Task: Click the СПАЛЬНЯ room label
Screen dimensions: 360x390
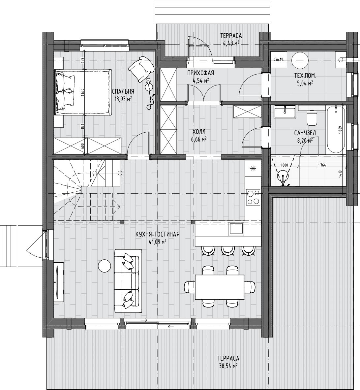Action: click(x=123, y=91)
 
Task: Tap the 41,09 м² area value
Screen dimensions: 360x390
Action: click(x=158, y=241)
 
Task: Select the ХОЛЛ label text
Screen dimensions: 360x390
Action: click(x=199, y=132)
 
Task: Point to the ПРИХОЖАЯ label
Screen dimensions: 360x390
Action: click(x=200, y=73)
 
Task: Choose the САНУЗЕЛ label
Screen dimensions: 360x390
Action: click(x=305, y=133)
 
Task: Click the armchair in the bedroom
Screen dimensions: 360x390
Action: click(x=141, y=68)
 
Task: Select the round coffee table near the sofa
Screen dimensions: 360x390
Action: click(x=105, y=266)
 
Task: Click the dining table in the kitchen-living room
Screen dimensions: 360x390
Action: click(x=220, y=287)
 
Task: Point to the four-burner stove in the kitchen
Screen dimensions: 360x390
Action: click(x=253, y=197)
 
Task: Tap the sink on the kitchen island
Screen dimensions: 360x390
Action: click(x=236, y=229)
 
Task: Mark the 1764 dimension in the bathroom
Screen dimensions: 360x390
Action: click(x=322, y=165)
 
